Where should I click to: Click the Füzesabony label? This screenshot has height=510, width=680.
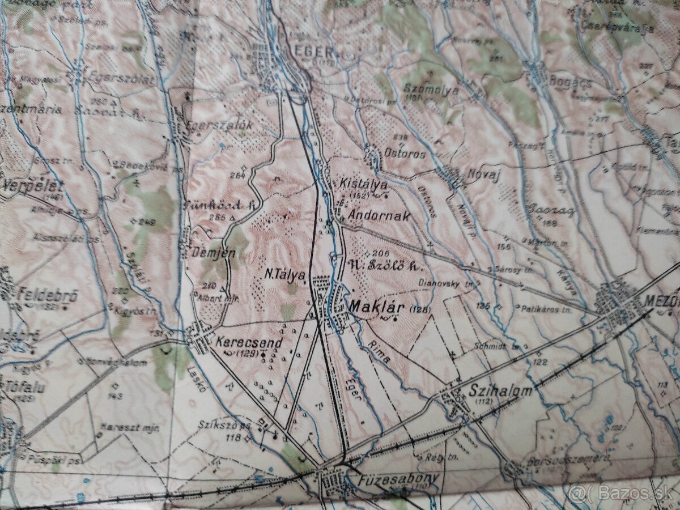398,479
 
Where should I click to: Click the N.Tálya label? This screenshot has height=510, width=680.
286,274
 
